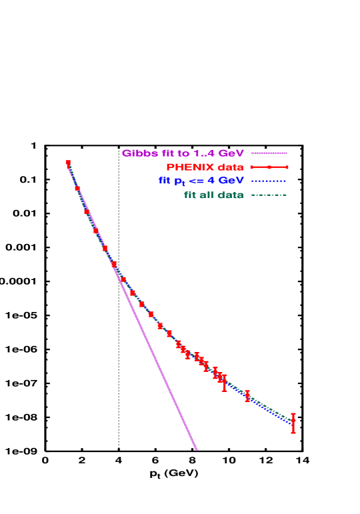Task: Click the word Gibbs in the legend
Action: point(136,153)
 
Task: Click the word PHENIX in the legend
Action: point(187,167)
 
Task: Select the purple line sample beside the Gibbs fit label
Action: point(269,153)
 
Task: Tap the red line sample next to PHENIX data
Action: point(269,167)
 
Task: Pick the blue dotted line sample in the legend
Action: point(269,181)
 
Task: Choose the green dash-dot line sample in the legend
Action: point(269,195)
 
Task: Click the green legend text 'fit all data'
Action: point(213,195)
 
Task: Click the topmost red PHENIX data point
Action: point(68,163)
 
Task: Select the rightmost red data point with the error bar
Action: point(293,421)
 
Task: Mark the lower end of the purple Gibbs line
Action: point(197,449)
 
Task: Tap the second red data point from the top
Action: point(77,188)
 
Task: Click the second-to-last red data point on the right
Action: point(247,395)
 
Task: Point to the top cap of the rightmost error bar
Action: point(293,414)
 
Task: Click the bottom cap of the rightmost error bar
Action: point(293,433)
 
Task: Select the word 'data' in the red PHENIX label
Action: point(229,167)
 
